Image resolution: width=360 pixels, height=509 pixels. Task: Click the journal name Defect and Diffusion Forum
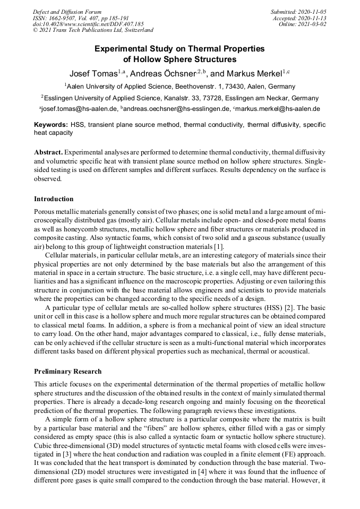67,12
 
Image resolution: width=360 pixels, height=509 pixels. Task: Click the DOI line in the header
88,24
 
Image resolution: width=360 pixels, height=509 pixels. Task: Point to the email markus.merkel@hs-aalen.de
277,109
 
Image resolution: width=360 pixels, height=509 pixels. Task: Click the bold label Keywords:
50,125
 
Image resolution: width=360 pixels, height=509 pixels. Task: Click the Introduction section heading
54,199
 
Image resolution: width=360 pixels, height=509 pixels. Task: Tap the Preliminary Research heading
67,371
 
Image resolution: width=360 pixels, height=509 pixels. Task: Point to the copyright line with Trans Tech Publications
93,30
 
